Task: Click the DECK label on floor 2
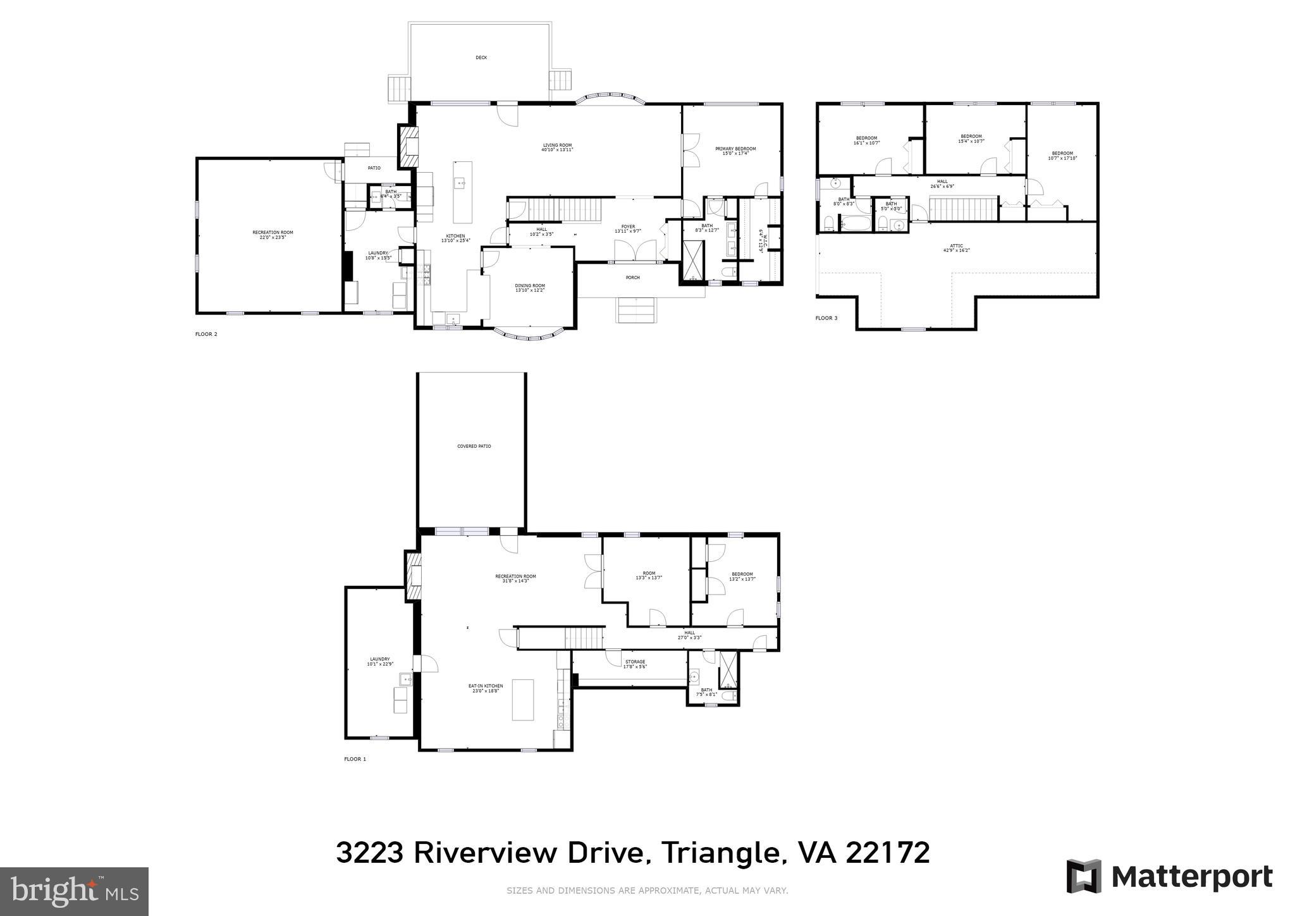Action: pos(481,58)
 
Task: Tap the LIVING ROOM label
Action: pos(557,145)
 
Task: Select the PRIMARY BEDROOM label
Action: pos(735,149)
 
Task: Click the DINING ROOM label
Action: pos(530,285)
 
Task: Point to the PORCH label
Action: pos(632,278)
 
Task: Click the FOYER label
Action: pos(628,226)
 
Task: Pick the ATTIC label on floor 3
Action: pos(956,245)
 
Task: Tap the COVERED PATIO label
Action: pos(474,447)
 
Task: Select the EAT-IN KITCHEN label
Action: pos(486,686)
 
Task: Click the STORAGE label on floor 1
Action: pos(634,662)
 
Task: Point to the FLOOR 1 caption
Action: pos(355,759)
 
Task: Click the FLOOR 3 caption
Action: pos(826,318)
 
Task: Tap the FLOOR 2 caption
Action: pos(206,334)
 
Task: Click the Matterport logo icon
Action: pos(1084,876)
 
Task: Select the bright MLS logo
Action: pos(75,891)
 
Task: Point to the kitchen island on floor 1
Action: pos(522,700)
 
